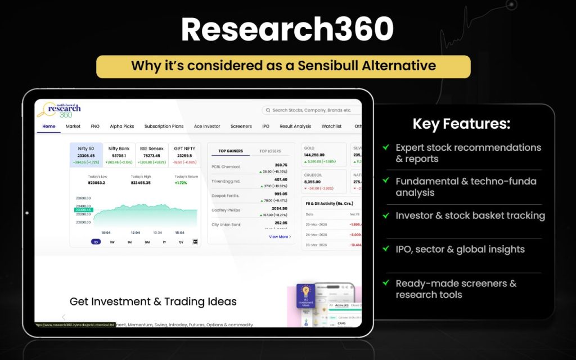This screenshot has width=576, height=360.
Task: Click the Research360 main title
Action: point(287,30)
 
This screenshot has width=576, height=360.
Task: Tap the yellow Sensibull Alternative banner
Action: point(283,66)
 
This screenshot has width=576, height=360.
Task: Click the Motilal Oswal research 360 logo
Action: point(60,109)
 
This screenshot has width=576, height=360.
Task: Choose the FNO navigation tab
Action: point(95,127)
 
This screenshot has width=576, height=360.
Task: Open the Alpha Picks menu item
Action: point(122,127)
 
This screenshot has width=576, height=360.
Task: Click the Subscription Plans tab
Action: point(164,127)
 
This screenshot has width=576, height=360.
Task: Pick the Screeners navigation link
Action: point(241,127)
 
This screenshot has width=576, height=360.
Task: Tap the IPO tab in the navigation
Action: point(265,127)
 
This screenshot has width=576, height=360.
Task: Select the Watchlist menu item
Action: point(331,127)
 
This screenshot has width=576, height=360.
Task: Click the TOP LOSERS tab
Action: point(270,151)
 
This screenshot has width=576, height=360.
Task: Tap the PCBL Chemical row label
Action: point(226,167)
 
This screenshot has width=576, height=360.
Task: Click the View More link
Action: point(280,237)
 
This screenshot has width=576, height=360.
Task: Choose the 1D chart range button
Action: point(96,242)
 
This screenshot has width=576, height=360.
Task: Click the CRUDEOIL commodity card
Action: point(325,182)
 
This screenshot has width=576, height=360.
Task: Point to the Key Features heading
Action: point(461,124)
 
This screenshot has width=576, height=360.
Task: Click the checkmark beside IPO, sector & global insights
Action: point(386,248)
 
